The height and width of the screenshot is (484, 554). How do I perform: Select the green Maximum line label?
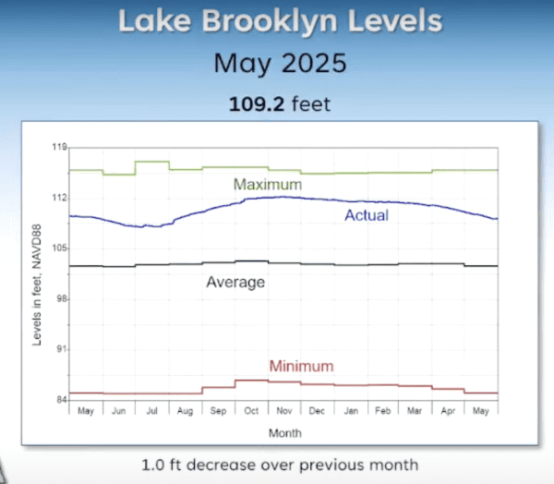[x=267, y=185]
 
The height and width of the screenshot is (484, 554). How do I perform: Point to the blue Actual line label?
[x=367, y=215]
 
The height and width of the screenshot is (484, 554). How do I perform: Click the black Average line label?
[x=235, y=282]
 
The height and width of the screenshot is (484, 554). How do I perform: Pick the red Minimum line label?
[x=301, y=366]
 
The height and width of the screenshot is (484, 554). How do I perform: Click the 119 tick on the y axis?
[x=60, y=147]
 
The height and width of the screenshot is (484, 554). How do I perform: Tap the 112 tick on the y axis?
[x=60, y=198]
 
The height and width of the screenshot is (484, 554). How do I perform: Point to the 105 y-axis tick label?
[x=60, y=248]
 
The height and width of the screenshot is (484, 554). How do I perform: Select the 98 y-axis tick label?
[x=62, y=299]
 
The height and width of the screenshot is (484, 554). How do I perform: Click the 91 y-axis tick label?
[x=62, y=350]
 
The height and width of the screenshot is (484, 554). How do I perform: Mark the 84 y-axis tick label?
[x=62, y=401]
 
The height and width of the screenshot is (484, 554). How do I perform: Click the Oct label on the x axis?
[x=251, y=411]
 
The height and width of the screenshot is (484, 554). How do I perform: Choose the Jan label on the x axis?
[x=350, y=411]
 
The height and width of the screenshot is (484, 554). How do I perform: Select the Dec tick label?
[x=317, y=411]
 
